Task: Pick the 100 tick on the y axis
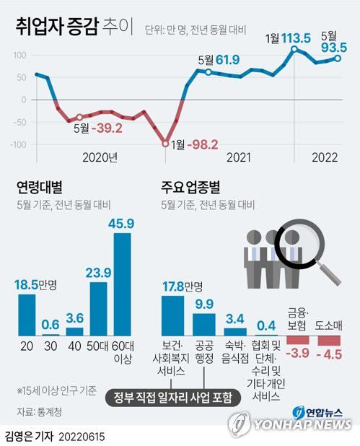pos(20,55)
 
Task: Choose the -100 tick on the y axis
pos(18,144)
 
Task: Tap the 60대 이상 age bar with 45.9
pos(123,284)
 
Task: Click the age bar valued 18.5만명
pos(27,315)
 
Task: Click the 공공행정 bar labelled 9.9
pos(204,324)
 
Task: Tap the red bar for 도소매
pos(329,340)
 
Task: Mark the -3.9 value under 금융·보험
pos(297,354)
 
